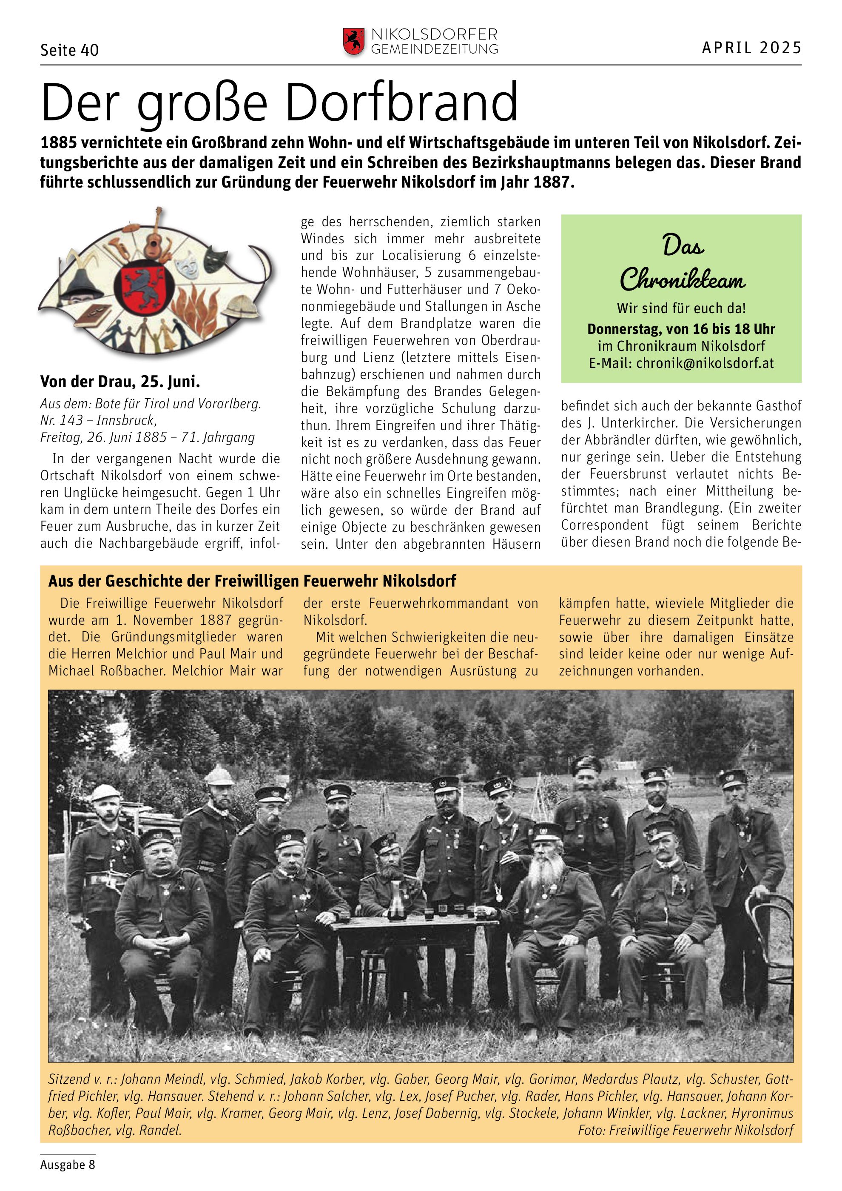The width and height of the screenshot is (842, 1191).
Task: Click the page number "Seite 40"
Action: (69, 50)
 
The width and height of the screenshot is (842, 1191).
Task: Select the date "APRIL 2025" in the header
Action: (751, 48)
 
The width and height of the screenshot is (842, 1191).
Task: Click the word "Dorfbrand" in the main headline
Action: (401, 102)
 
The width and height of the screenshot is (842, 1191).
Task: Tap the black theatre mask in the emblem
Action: (216, 258)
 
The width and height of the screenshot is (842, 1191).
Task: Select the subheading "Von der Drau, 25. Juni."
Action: (120, 382)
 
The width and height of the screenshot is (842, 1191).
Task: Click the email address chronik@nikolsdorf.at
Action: (705, 363)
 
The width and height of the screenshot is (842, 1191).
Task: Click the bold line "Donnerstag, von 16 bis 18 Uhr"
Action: (681, 329)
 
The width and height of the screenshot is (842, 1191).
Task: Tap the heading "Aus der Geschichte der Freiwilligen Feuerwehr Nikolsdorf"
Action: (252, 581)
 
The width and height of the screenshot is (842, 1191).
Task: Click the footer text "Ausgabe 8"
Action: (67, 1165)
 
